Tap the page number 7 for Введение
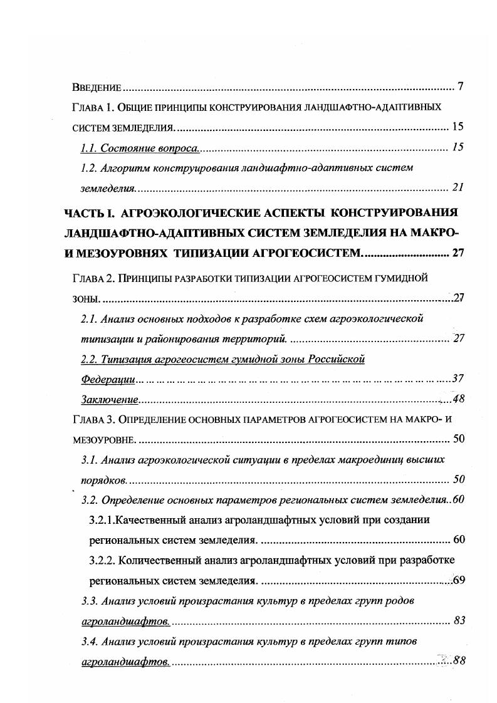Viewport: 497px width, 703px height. pyautogui.click(x=460, y=86)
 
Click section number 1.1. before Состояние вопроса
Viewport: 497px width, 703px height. pyautogui.click(x=91, y=148)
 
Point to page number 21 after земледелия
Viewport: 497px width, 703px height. pyautogui.click(x=457, y=187)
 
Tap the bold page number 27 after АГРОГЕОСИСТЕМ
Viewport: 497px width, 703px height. pyautogui.click(x=457, y=253)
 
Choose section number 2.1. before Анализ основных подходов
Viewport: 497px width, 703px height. pyautogui.click(x=90, y=319)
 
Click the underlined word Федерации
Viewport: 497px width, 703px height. pyautogui.click(x=108, y=379)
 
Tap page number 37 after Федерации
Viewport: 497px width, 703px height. pyautogui.click(x=457, y=379)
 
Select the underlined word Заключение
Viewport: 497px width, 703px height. pyautogui.click(x=110, y=399)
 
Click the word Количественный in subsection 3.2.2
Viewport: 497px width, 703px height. pyautogui.click(x=154, y=560)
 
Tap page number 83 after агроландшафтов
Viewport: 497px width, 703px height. pyautogui.click(x=458, y=621)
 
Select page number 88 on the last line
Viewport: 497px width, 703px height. pyautogui.click(x=458, y=661)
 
